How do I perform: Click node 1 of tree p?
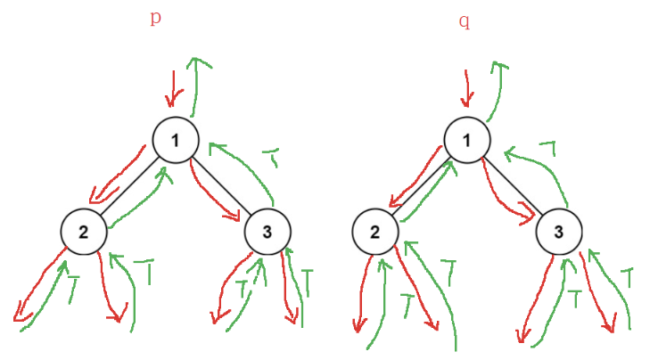(x=175, y=140)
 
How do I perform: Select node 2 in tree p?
(x=83, y=232)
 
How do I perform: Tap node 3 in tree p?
(x=267, y=232)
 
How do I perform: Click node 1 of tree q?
(x=466, y=140)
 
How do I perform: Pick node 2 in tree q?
(x=374, y=232)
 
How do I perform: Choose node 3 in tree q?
(x=558, y=232)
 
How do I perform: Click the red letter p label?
(x=155, y=18)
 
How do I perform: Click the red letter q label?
(x=464, y=20)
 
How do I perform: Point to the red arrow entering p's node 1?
(x=174, y=88)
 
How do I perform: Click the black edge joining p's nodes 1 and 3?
(x=220, y=185)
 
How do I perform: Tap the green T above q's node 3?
(x=548, y=147)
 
